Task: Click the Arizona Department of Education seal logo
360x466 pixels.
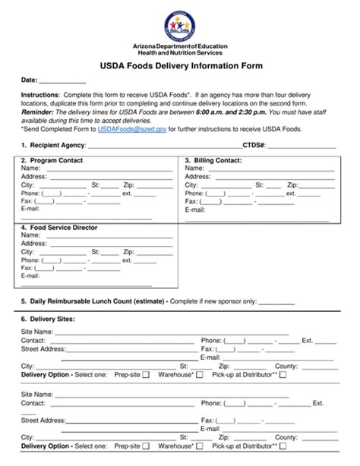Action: point(179,25)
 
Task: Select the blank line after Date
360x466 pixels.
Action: point(62,80)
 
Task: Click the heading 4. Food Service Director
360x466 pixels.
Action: point(59,227)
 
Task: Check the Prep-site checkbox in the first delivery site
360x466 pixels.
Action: point(146,375)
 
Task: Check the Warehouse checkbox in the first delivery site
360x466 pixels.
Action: point(200,375)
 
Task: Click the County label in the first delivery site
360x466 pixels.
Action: point(286,366)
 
